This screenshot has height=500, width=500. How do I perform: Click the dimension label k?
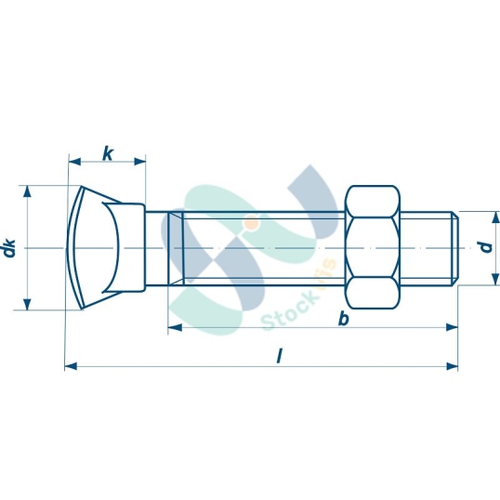point(108,152)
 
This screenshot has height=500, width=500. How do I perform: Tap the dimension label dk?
point(10,248)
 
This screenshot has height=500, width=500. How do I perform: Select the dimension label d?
point(484,248)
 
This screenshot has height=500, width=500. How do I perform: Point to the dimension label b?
point(343,319)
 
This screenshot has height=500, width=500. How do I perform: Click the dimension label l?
point(280,356)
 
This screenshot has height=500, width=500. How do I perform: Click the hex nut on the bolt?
point(373,248)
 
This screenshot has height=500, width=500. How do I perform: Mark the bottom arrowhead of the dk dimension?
point(28,305)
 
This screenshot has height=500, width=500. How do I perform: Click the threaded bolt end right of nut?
point(430,248)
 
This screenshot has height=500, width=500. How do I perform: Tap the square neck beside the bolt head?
point(155,248)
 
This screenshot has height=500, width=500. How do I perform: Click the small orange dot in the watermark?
point(251,222)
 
